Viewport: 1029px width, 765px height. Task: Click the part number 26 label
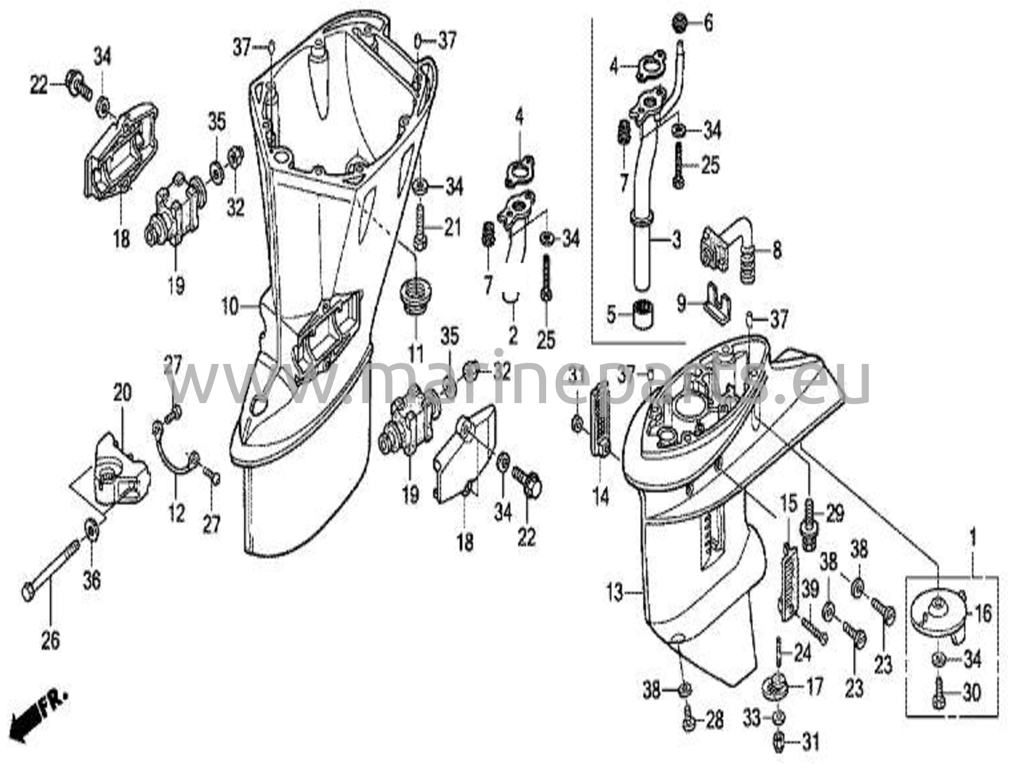click(50, 641)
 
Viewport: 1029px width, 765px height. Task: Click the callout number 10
click(230, 307)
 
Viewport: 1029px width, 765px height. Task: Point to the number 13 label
click(616, 593)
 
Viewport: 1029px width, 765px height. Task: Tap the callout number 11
click(416, 354)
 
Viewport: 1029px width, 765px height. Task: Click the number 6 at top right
click(708, 23)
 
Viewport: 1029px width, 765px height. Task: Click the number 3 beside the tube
click(676, 240)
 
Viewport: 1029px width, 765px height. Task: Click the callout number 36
click(91, 580)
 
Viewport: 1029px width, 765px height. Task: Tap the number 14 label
click(601, 496)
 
